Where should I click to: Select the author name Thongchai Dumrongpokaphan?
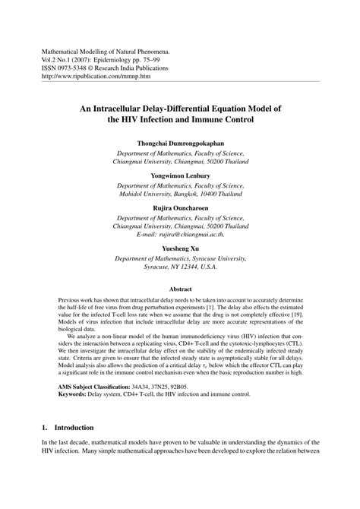pos(180,143)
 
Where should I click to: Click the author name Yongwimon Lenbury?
pos(180,175)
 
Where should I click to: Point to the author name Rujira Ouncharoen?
pos(180,207)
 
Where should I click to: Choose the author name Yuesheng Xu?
pos(180,248)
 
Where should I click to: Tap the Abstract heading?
pos(180,289)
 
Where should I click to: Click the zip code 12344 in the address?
pos(184,267)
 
